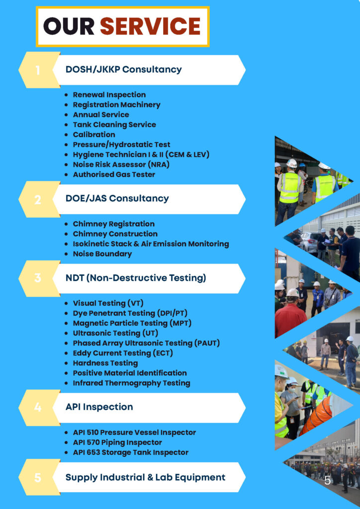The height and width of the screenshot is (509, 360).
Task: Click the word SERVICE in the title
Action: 150,26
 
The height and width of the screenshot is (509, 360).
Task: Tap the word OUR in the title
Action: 69,26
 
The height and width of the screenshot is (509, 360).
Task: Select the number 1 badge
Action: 38,70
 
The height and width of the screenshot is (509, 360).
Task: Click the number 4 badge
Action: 38,408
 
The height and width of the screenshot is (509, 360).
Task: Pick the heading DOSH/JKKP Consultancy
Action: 124,70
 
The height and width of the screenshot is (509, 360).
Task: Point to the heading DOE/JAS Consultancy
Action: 117,198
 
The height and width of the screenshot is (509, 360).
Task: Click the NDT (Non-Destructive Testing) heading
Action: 136,278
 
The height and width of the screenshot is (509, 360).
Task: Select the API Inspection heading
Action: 99,407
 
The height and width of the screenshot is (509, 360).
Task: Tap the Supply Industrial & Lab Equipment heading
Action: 145,477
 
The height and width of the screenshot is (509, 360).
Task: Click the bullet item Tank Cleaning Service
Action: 114,125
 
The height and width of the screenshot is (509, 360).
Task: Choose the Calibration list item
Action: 94,134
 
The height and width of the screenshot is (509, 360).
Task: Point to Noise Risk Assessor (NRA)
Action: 121,165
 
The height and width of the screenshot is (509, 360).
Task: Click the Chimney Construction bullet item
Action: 115,234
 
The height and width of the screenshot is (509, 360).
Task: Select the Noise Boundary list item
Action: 102,254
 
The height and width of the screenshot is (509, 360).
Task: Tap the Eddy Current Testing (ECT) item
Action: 123,353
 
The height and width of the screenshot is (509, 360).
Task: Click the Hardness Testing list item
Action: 105,363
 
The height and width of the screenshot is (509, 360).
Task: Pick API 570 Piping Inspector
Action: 117,442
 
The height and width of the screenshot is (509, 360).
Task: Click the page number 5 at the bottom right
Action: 328,480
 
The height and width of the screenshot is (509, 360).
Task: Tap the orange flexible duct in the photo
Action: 317,417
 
